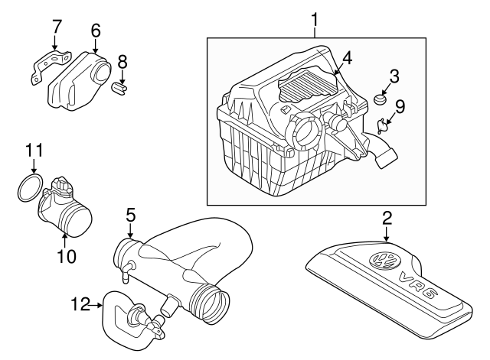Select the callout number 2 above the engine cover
point(387,216)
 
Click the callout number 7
point(55,29)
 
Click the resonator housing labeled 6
point(77,80)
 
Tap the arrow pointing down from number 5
point(131,229)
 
